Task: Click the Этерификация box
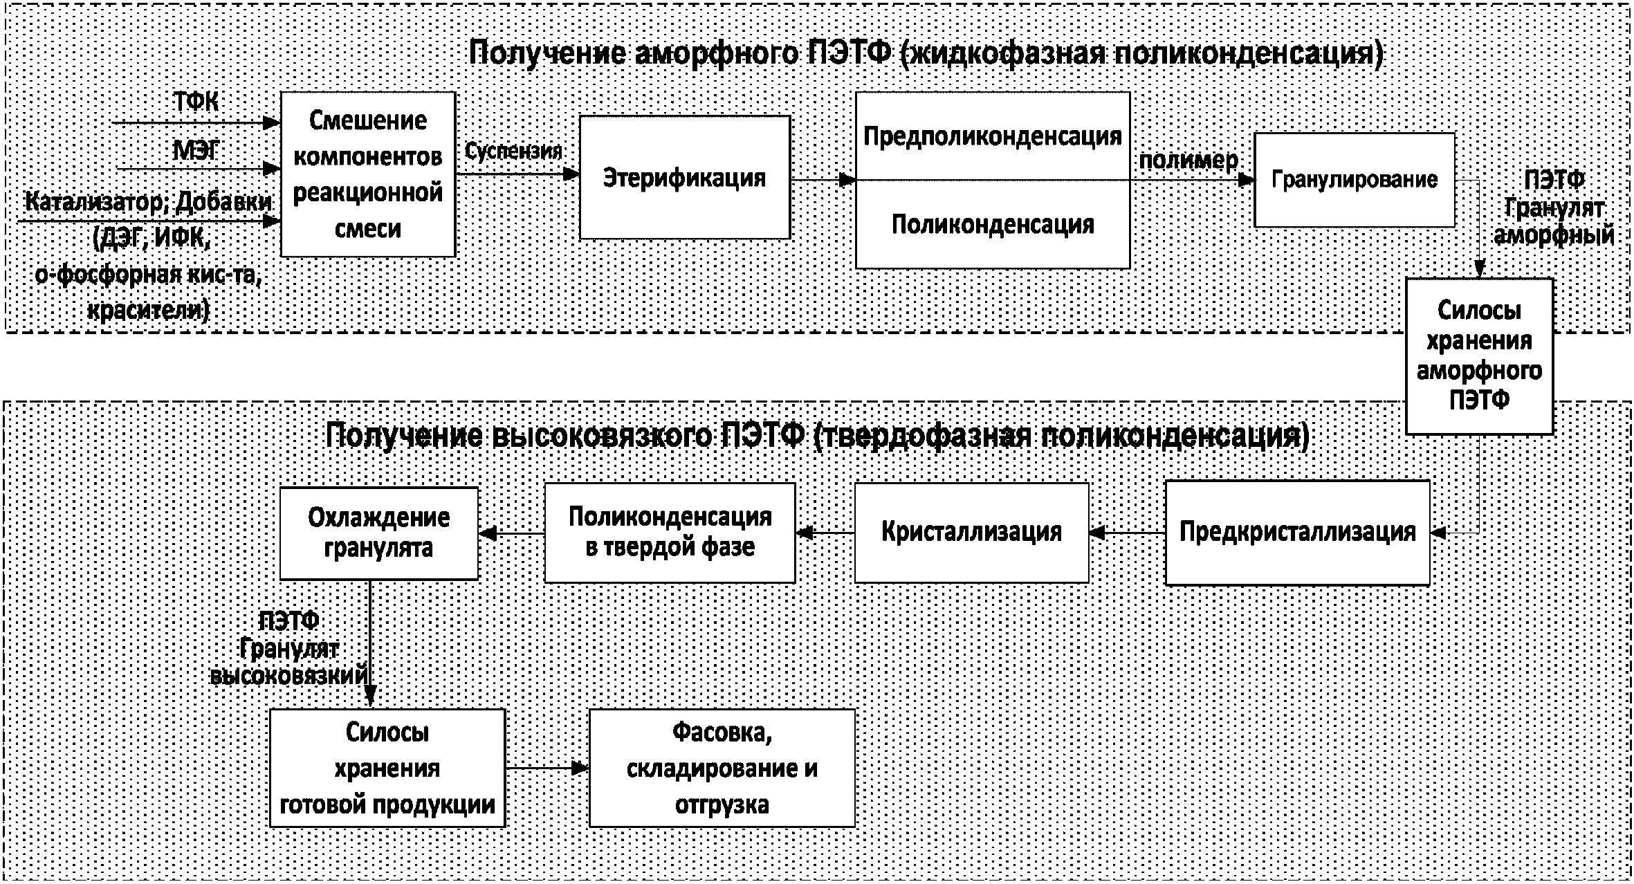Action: (x=684, y=177)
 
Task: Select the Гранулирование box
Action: (x=1355, y=180)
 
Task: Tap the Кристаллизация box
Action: (x=971, y=532)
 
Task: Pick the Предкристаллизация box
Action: (x=1297, y=532)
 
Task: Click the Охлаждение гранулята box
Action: (x=379, y=533)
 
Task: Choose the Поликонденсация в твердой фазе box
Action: (x=670, y=532)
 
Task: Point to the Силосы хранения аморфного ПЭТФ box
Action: (x=1479, y=356)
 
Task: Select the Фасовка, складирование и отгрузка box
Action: (x=722, y=768)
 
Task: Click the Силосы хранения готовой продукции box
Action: (x=387, y=768)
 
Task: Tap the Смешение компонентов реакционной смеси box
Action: (x=368, y=174)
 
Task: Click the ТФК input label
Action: (x=196, y=102)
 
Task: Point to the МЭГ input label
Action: (x=196, y=150)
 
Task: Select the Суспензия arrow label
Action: (x=513, y=151)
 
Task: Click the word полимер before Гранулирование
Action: (x=1188, y=160)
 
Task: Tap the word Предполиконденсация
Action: (x=993, y=136)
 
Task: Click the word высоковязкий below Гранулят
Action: (x=289, y=675)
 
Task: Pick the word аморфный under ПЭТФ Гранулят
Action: (x=1554, y=235)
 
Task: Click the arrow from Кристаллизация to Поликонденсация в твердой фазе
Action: (x=825, y=533)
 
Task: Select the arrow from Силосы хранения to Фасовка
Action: (x=547, y=768)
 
